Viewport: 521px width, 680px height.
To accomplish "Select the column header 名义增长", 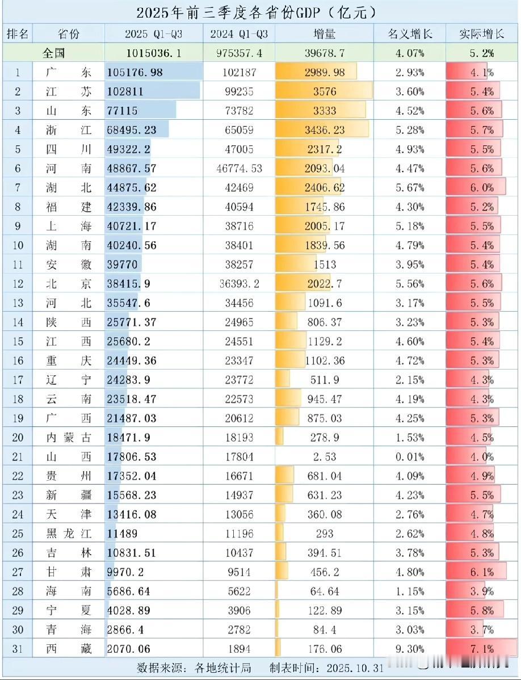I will pyautogui.click(x=410, y=34).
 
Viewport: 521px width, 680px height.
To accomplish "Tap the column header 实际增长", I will pyautogui.click(x=481, y=34).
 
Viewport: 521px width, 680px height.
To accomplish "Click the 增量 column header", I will pyautogui.click(x=325, y=34).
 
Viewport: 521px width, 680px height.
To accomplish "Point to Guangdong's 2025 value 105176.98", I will pyautogui.click(x=135, y=73).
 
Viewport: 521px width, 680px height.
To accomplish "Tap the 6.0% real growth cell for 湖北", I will pyautogui.click(x=481, y=188).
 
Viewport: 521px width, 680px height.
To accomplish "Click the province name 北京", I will pyautogui.click(x=68, y=284).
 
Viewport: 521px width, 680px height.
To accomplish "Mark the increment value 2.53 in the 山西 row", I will pyautogui.click(x=324, y=457).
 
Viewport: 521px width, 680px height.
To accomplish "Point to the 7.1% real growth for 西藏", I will pyautogui.click(x=481, y=649).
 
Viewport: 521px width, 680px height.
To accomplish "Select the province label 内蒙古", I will pyautogui.click(x=68, y=438).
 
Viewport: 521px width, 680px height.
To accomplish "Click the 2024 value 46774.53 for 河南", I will pyautogui.click(x=239, y=169).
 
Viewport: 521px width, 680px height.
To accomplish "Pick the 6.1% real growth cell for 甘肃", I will pyautogui.click(x=481, y=572).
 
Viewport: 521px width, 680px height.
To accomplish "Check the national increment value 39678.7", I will pyautogui.click(x=324, y=53).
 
